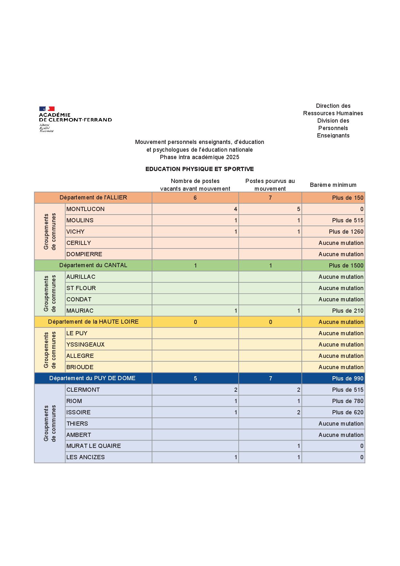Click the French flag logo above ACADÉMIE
[x=47, y=109]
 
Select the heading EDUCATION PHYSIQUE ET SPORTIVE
[x=199, y=169]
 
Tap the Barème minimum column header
[x=333, y=185]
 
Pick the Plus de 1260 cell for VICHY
[x=346, y=232]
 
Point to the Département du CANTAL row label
[x=93, y=265]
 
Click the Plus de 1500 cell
[x=346, y=266]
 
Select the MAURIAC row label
[x=80, y=311]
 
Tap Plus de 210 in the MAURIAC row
[x=347, y=311]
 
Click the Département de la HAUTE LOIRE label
[x=93, y=322]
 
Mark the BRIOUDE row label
[x=80, y=367]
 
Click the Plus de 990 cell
[x=347, y=379]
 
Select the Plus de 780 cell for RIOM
[x=347, y=401]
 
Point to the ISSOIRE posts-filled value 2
[x=298, y=412]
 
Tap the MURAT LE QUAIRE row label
[x=94, y=446]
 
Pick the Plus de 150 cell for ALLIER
[x=347, y=198]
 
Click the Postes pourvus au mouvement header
[x=270, y=185]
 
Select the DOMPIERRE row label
[x=84, y=254]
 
